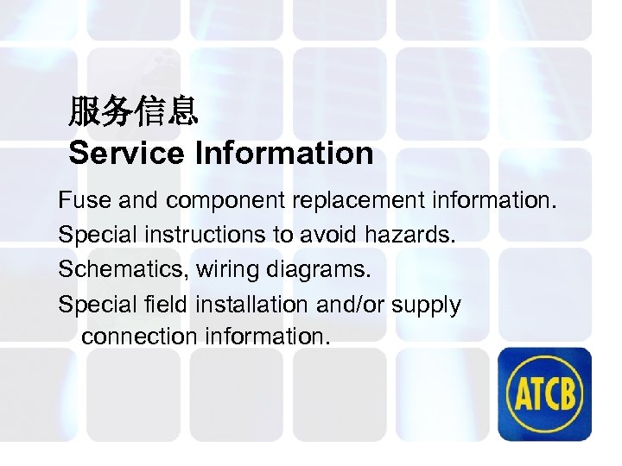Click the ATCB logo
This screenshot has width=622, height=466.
tap(544, 394)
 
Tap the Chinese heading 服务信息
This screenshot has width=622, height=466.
tap(134, 110)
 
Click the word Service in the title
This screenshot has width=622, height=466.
tap(126, 154)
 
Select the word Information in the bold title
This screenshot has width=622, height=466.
tap(284, 154)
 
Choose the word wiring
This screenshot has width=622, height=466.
tap(227, 271)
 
